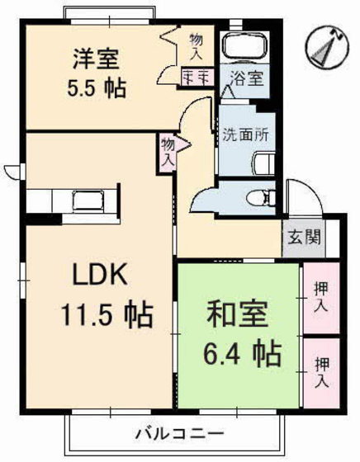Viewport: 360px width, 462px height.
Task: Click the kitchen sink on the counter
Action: pos(86,200)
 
